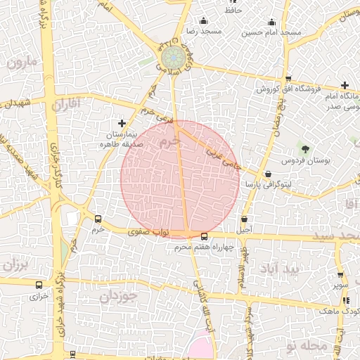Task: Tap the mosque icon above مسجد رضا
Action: (x=204, y=21)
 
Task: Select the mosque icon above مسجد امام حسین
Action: (x=272, y=21)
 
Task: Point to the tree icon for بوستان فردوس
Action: (x=304, y=148)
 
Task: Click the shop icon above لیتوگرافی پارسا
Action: (x=268, y=173)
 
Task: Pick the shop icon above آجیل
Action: (x=245, y=219)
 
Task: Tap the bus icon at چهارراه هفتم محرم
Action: (x=204, y=237)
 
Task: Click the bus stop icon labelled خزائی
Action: (x=38, y=285)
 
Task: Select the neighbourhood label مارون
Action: (x=24, y=63)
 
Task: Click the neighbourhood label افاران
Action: (x=67, y=104)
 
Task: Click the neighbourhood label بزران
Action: (x=15, y=266)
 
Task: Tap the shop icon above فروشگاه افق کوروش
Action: (x=288, y=79)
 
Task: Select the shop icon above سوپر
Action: (x=340, y=275)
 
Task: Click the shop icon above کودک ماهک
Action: (x=342, y=300)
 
